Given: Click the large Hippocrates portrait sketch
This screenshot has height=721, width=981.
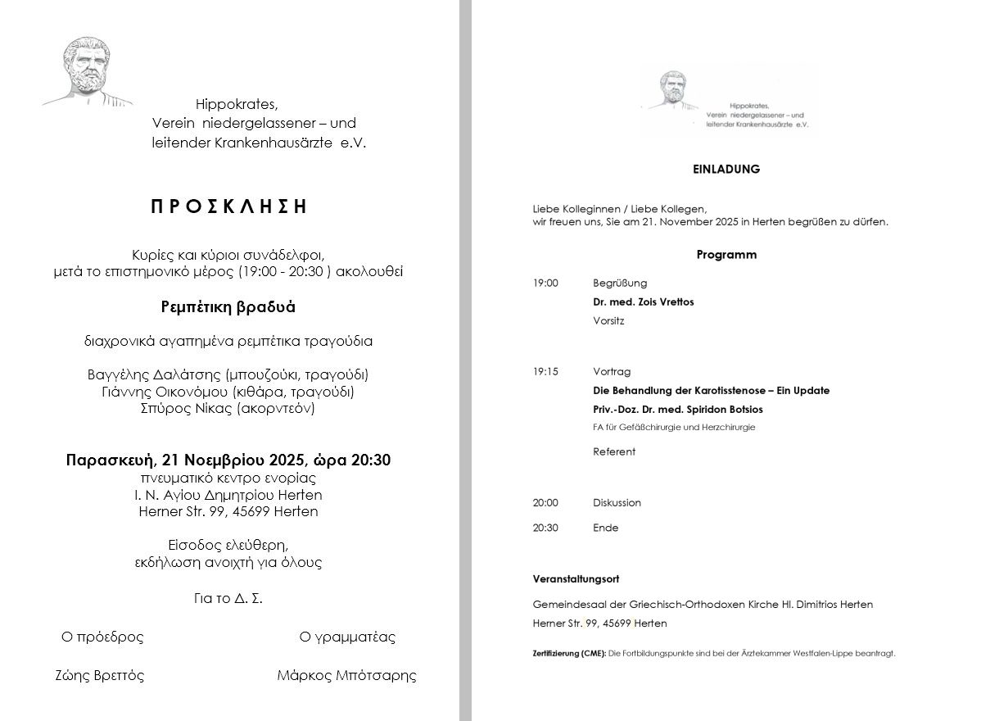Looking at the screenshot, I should (x=88, y=71).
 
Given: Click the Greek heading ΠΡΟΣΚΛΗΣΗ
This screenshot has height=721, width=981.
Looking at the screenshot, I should (x=228, y=207).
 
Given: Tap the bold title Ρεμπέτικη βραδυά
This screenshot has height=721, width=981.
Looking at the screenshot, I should (x=228, y=308).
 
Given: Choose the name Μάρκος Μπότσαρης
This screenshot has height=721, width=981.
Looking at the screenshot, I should (x=346, y=676).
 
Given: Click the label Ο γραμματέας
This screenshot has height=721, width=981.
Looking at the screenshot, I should (x=347, y=637).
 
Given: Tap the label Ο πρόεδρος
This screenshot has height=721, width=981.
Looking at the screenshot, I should (x=102, y=637).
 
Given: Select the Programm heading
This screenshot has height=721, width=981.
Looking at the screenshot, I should (x=726, y=255).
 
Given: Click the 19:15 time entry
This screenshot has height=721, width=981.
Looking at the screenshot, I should (x=545, y=371).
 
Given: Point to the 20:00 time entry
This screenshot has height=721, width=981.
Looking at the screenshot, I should (x=545, y=502).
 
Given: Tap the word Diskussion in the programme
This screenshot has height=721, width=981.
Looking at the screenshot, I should (x=617, y=502).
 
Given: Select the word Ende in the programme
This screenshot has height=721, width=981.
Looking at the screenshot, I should (x=605, y=528).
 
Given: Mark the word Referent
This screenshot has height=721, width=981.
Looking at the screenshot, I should (x=613, y=451).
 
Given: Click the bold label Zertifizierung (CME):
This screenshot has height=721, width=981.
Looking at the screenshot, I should (x=569, y=654).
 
